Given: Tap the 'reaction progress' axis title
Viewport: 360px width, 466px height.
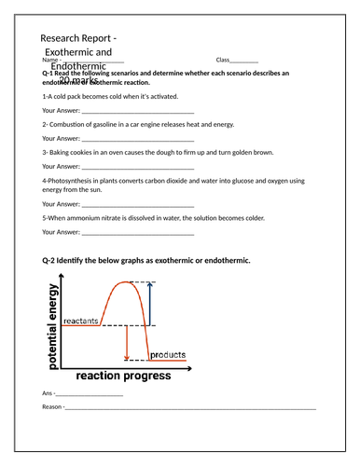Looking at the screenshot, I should click(123, 376).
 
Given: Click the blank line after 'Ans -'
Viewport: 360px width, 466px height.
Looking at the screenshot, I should click(90, 394).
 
